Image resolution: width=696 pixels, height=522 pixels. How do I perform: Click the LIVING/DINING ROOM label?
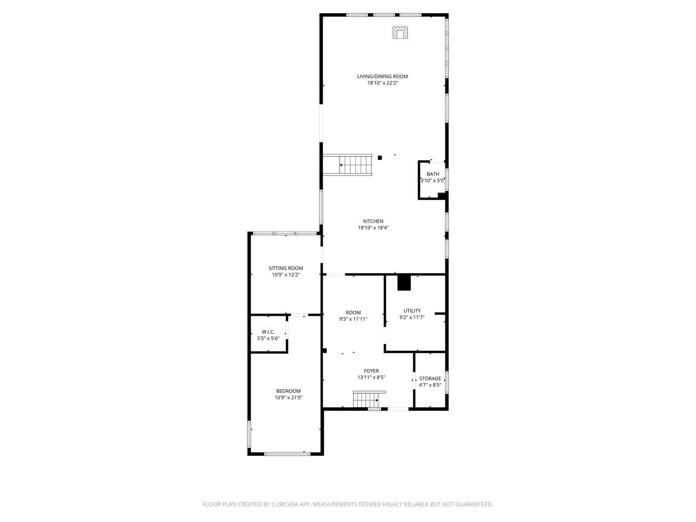pyautogui.click(x=382, y=77)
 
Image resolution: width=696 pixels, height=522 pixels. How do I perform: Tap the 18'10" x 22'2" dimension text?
pyautogui.click(x=382, y=83)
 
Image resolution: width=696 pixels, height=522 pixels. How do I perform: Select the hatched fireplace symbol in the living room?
pyautogui.click(x=400, y=33)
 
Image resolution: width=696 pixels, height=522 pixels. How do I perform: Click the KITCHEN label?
pyautogui.click(x=373, y=221)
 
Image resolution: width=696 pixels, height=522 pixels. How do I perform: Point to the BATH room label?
pyautogui.click(x=433, y=174)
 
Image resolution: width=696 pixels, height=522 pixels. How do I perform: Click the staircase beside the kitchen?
pyautogui.click(x=348, y=165)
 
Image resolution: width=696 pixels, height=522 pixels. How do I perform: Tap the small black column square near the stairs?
pyautogui.click(x=380, y=158)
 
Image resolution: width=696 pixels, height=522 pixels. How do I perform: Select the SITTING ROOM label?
pyautogui.click(x=286, y=268)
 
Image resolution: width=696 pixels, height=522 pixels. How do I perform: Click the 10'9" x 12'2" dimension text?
pyautogui.click(x=286, y=275)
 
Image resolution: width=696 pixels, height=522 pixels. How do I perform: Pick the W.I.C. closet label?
pyautogui.click(x=268, y=332)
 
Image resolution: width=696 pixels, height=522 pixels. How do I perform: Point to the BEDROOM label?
pyautogui.click(x=288, y=391)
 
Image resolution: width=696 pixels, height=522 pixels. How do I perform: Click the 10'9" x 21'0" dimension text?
pyautogui.click(x=288, y=398)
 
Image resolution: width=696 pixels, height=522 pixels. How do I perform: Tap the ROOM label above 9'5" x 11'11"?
pyautogui.click(x=353, y=312)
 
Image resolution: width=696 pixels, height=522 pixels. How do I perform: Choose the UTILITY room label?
pyautogui.click(x=412, y=311)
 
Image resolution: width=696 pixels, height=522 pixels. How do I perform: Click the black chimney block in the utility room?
pyautogui.click(x=404, y=283)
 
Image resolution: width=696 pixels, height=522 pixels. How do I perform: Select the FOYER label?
pyautogui.click(x=371, y=371)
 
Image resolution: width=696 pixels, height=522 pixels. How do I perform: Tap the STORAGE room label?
pyautogui.click(x=430, y=378)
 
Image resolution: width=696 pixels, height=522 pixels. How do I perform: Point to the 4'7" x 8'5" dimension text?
pyautogui.click(x=430, y=385)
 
